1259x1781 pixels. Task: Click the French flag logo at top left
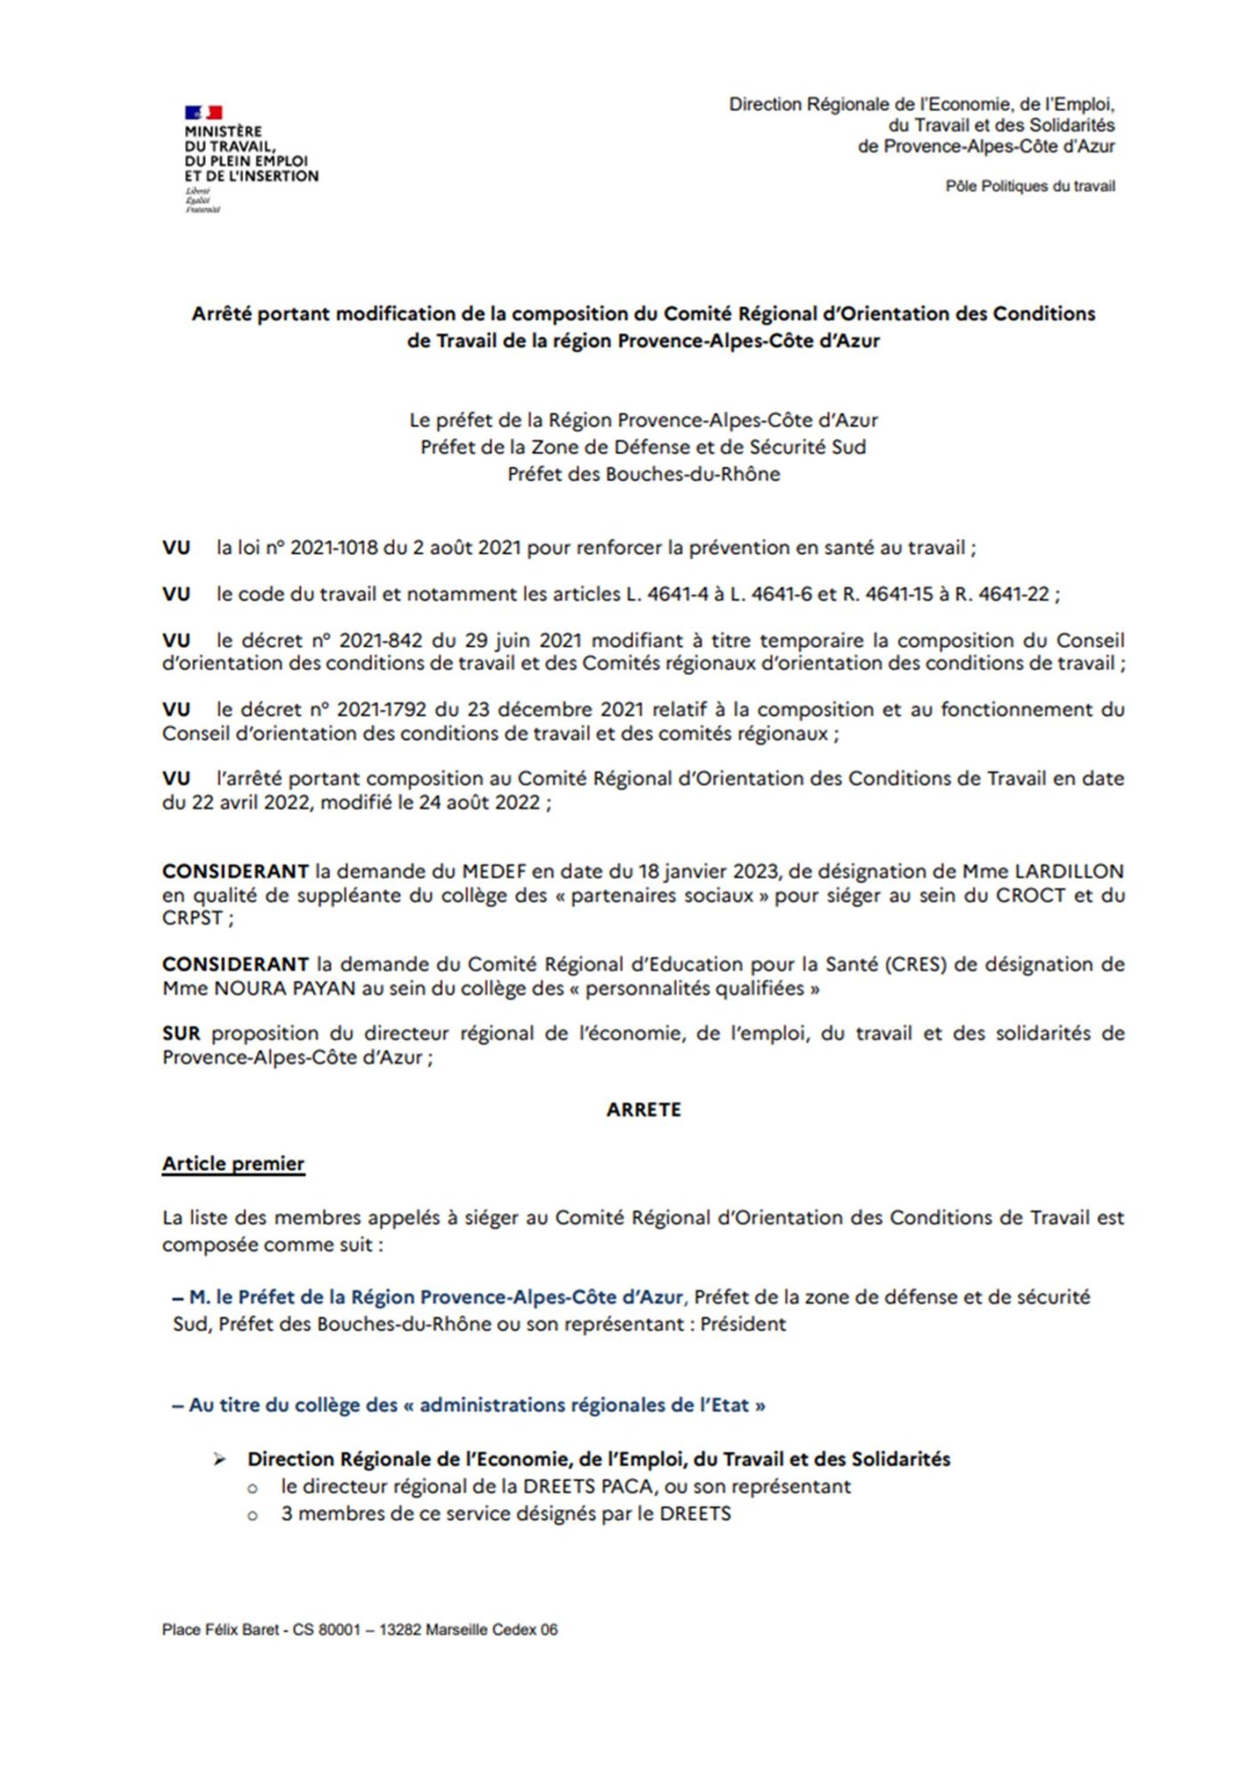point(203,112)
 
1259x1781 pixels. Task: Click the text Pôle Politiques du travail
point(1029,186)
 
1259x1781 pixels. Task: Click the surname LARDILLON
point(1069,871)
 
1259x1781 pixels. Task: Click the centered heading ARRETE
point(643,1110)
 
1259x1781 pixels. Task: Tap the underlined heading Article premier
point(233,1164)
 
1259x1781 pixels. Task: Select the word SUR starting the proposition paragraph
point(181,1034)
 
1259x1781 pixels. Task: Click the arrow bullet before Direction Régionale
point(219,1460)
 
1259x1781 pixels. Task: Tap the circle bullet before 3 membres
point(254,1515)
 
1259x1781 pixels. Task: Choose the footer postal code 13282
point(400,1631)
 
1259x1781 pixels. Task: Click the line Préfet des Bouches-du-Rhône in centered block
point(643,475)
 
